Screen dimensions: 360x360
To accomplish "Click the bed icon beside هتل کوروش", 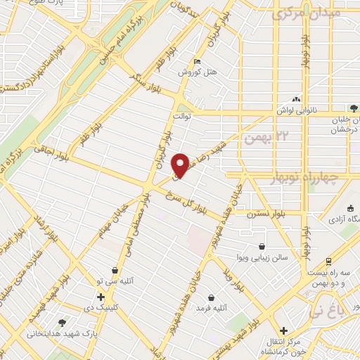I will click(197, 61).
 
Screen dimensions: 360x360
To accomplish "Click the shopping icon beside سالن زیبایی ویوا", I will click(262, 247).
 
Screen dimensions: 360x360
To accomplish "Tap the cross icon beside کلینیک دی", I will click(101, 297).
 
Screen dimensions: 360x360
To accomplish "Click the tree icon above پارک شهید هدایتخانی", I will click(63, 323).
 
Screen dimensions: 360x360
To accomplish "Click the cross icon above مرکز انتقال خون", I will click(283, 330).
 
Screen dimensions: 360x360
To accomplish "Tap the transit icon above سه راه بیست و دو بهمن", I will click(329, 261).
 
